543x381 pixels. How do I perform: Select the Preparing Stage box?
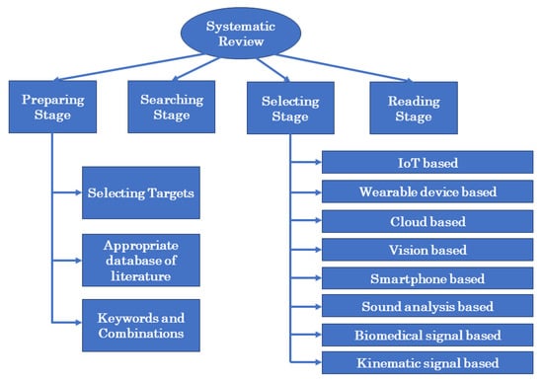point(51,108)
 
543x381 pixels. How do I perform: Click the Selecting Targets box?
point(139,195)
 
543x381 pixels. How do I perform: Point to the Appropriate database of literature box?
point(139,260)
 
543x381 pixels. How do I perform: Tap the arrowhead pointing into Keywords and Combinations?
point(76,323)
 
